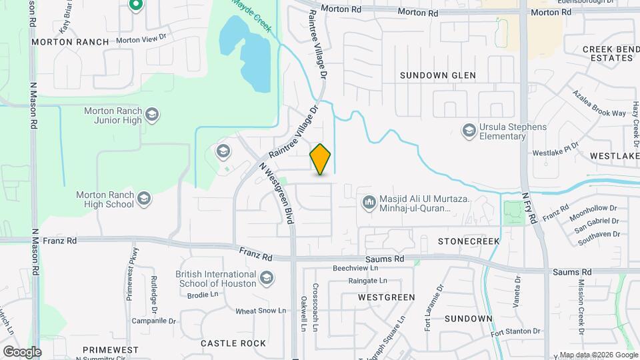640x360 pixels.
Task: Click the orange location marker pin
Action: (320, 159)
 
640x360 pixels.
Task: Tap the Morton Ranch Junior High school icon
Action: (152, 115)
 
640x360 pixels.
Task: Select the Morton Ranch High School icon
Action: (143, 198)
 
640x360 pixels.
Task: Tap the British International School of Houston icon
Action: (267, 277)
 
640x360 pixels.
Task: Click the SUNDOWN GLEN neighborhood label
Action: (437, 75)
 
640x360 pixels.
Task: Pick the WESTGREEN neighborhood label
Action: (386, 297)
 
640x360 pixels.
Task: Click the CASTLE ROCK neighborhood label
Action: (233, 343)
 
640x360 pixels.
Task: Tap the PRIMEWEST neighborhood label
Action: (111, 349)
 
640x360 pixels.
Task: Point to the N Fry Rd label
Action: (530, 209)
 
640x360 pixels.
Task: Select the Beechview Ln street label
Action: (355, 268)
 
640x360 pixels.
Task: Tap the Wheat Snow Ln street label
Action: (261, 311)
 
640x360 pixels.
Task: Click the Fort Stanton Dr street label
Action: (515, 331)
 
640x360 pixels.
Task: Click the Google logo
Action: (22, 351)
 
